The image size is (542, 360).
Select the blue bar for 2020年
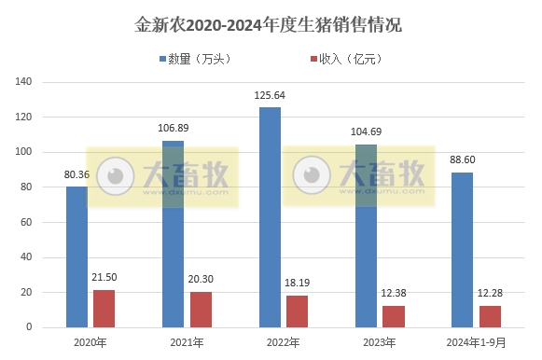[76, 256]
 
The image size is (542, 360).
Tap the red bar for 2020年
[104, 309]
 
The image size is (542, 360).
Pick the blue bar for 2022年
[270, 217]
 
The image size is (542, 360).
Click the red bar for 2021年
[201, 310]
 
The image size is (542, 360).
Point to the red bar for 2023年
[394, 316]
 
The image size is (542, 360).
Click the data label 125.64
[270, 96]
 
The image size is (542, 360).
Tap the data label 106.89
[174, 129]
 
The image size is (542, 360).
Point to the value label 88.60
[462, 160]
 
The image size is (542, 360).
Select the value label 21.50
[104, 278]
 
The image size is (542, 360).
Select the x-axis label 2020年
[90, 342]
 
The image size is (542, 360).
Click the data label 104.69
[367, 132]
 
